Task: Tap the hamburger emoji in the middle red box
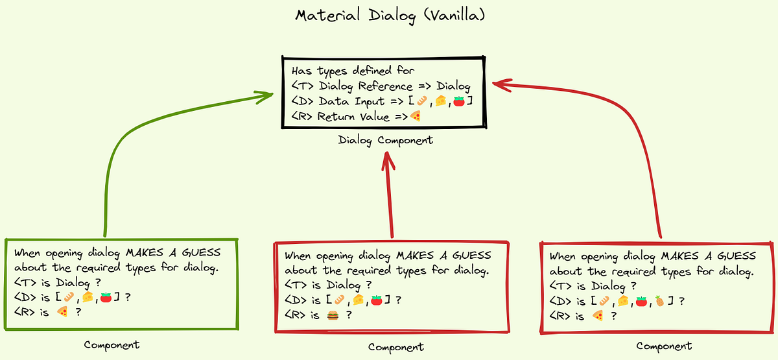pos(333,315)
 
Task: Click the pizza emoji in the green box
pos(63,312)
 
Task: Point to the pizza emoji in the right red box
pos(598,316)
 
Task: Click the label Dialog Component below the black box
pos(385,140)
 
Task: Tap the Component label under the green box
pos(112,344)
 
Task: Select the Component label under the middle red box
pos(395,347)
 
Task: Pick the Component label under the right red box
pos(664,346)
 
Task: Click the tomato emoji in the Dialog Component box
pos(459,101)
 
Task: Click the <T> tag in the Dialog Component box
pos(303,86)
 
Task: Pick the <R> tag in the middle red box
pos(295,315)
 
